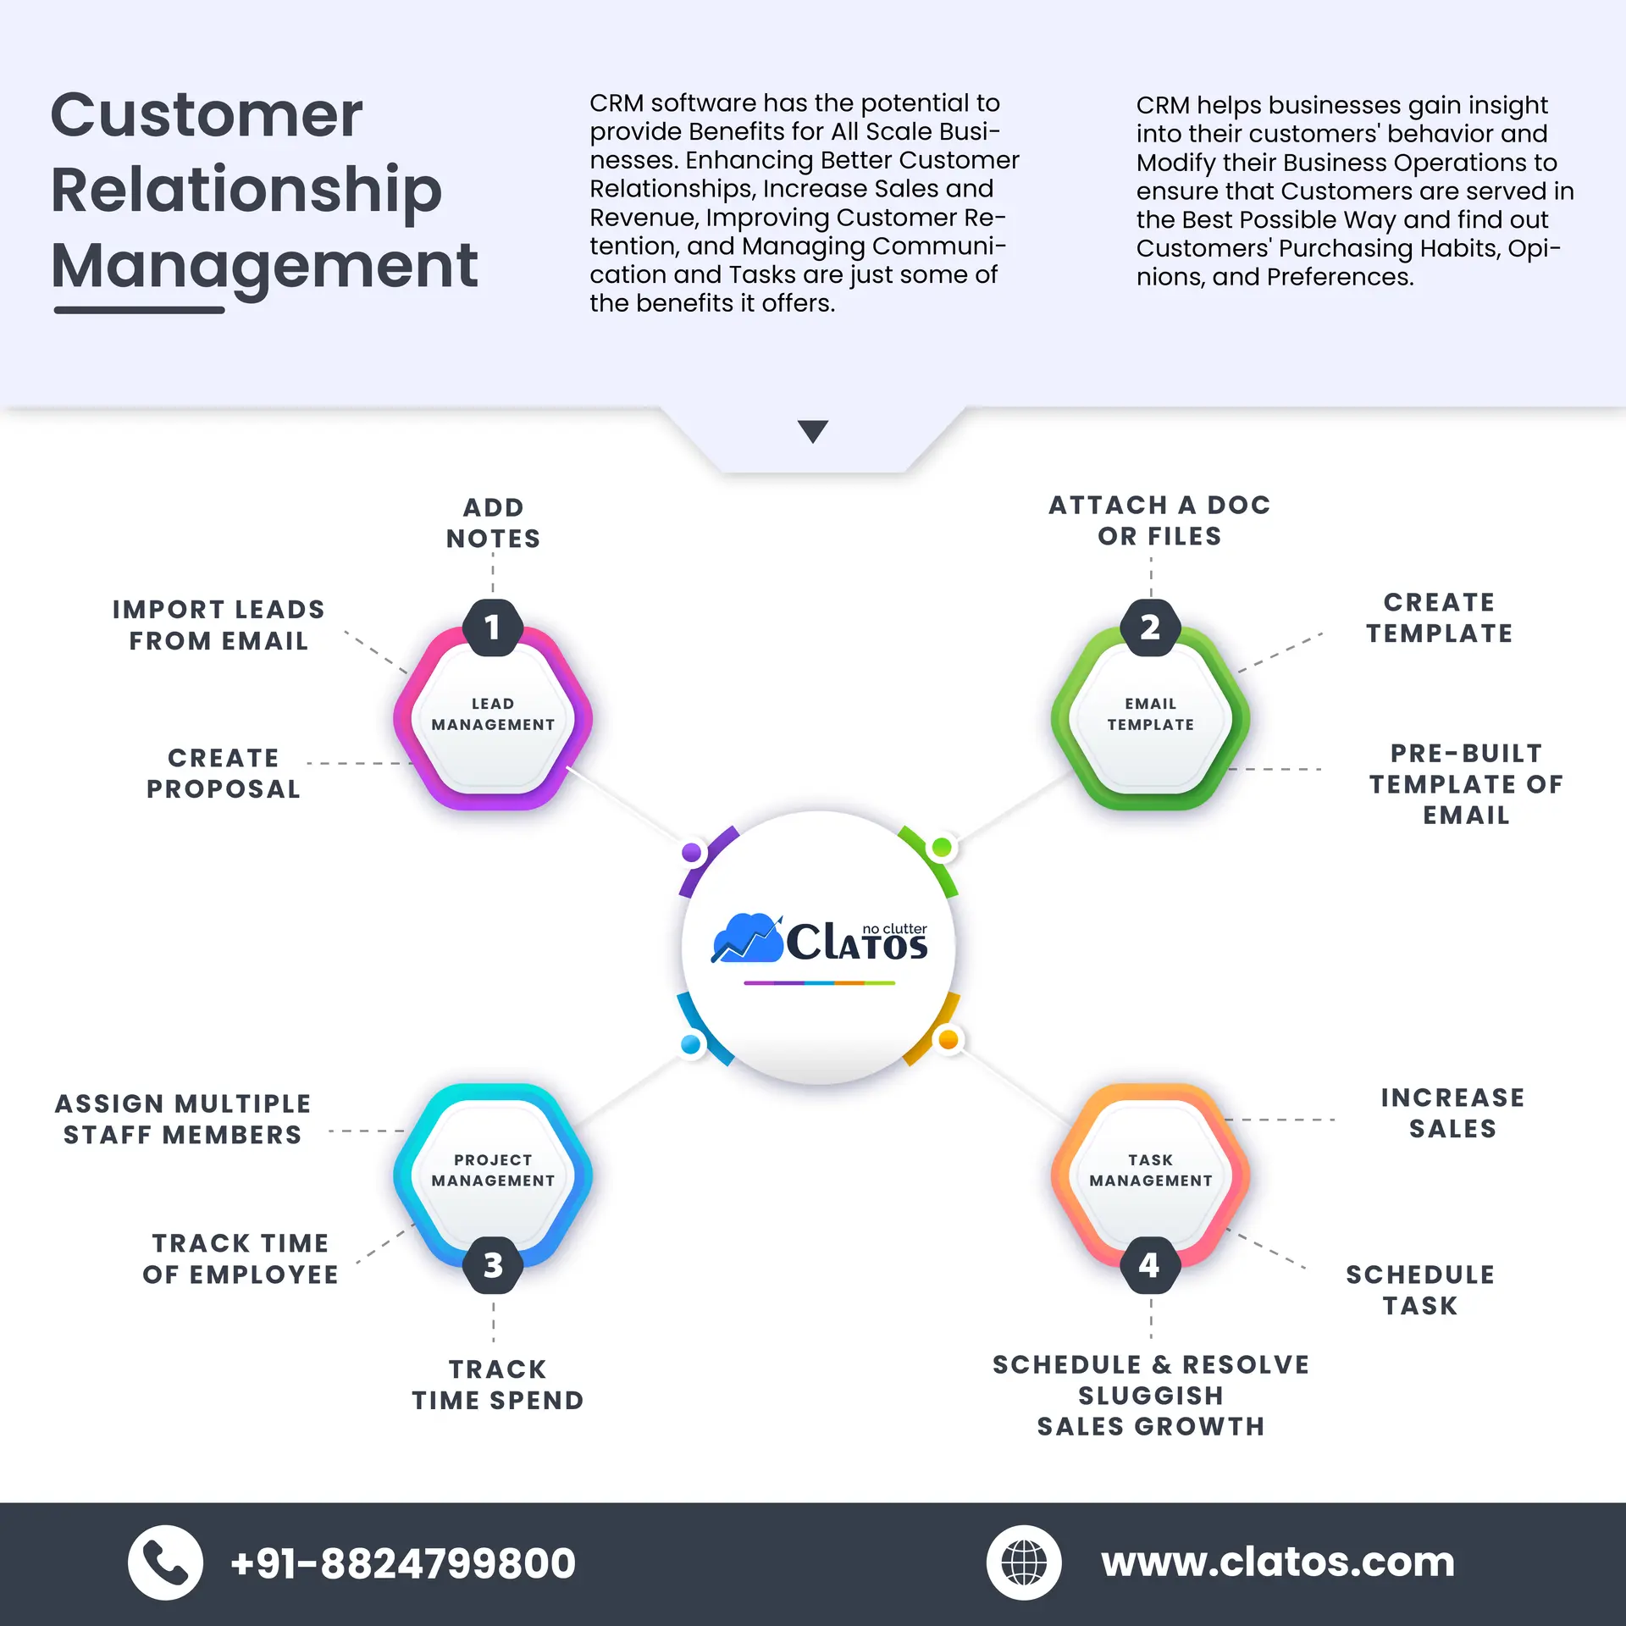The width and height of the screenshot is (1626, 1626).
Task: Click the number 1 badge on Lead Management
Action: [x=492, y=628]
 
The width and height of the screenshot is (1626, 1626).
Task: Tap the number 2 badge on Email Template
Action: [x=1150, y=628]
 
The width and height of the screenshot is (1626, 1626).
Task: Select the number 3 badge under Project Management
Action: [x=493, y=1265]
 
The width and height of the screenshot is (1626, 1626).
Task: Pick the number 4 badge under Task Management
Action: [x=1149, y=1265]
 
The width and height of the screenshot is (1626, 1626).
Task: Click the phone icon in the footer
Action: [x=165, y=1562]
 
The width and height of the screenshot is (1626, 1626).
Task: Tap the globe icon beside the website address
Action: [x=1024, y=1562]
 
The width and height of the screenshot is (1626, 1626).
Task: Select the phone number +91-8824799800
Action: [x=403, y=1562]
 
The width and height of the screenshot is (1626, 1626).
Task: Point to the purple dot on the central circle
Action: [x=692, y=852]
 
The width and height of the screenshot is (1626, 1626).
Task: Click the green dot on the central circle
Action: [x=942, y=847]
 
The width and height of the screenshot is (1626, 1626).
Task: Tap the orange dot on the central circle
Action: [x=948, y=1039]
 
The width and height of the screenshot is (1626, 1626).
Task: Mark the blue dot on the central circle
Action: [x=691, y=1044]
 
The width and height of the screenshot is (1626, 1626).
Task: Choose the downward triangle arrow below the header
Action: [x=812, y=431]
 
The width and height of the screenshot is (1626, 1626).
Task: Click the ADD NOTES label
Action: [x=493, y=523]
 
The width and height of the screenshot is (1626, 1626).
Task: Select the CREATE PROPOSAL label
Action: [x=224, y=772]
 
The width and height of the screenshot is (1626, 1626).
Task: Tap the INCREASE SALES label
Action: [x=1452, y=1113]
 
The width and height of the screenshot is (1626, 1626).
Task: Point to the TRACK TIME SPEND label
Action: [x=498, y=1385]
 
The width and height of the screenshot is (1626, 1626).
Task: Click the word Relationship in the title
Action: [x=246, y=190]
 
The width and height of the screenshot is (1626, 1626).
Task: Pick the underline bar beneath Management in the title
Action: [x=139, y=310]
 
